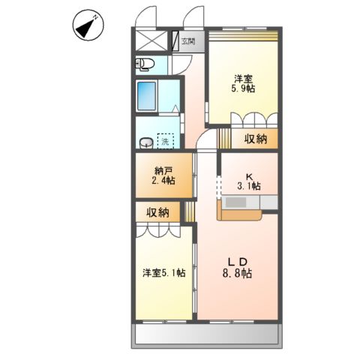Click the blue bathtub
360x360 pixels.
click(148, 96)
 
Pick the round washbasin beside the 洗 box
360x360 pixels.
click(144, 142)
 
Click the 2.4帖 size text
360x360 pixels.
click(161, 181)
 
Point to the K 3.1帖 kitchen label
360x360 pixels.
click(250, 180)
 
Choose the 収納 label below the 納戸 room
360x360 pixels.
click(158, 212)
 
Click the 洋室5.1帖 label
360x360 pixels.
click(164, 273)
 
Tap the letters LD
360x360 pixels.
click(239, 261)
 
